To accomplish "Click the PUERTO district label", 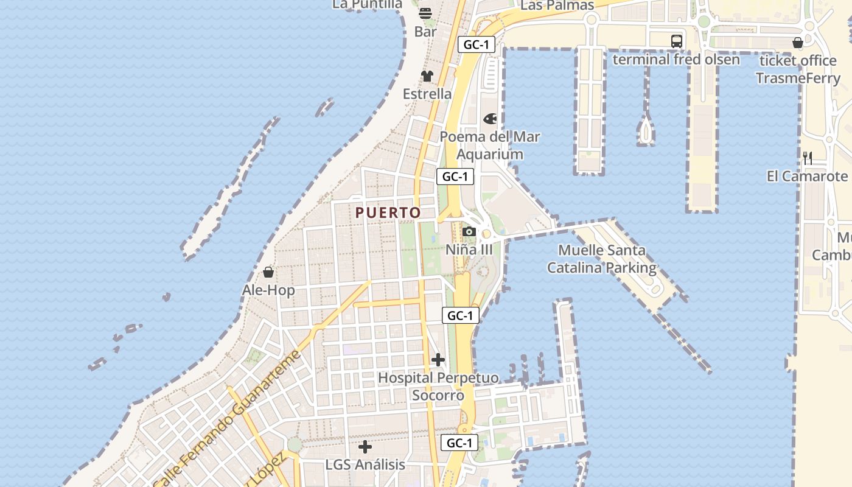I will pos(388,212).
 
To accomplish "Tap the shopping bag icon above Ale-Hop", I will pos(268,272).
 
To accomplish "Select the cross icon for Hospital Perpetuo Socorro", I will pos(438,360).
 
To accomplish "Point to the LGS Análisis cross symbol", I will pos(365,447).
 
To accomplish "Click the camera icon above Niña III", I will pos(469,232).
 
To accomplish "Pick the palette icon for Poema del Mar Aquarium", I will pos(490,119).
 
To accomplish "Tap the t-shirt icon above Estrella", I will pos(427,76).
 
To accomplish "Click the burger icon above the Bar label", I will pos(425,13).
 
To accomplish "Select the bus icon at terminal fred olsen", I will pos(677,41).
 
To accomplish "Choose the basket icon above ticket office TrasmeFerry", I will pos(798,43).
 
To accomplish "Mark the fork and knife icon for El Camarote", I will pos(808,158).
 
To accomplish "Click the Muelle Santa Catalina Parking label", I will pos(602,259).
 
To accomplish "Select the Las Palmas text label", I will pos(557,5).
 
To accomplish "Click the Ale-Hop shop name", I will pos(268,290).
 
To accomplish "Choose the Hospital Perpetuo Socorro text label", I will pos(438,387).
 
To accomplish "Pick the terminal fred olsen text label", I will pos(676,60).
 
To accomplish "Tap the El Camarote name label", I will pos(807,177).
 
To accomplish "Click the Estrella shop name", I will pos(427,94).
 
